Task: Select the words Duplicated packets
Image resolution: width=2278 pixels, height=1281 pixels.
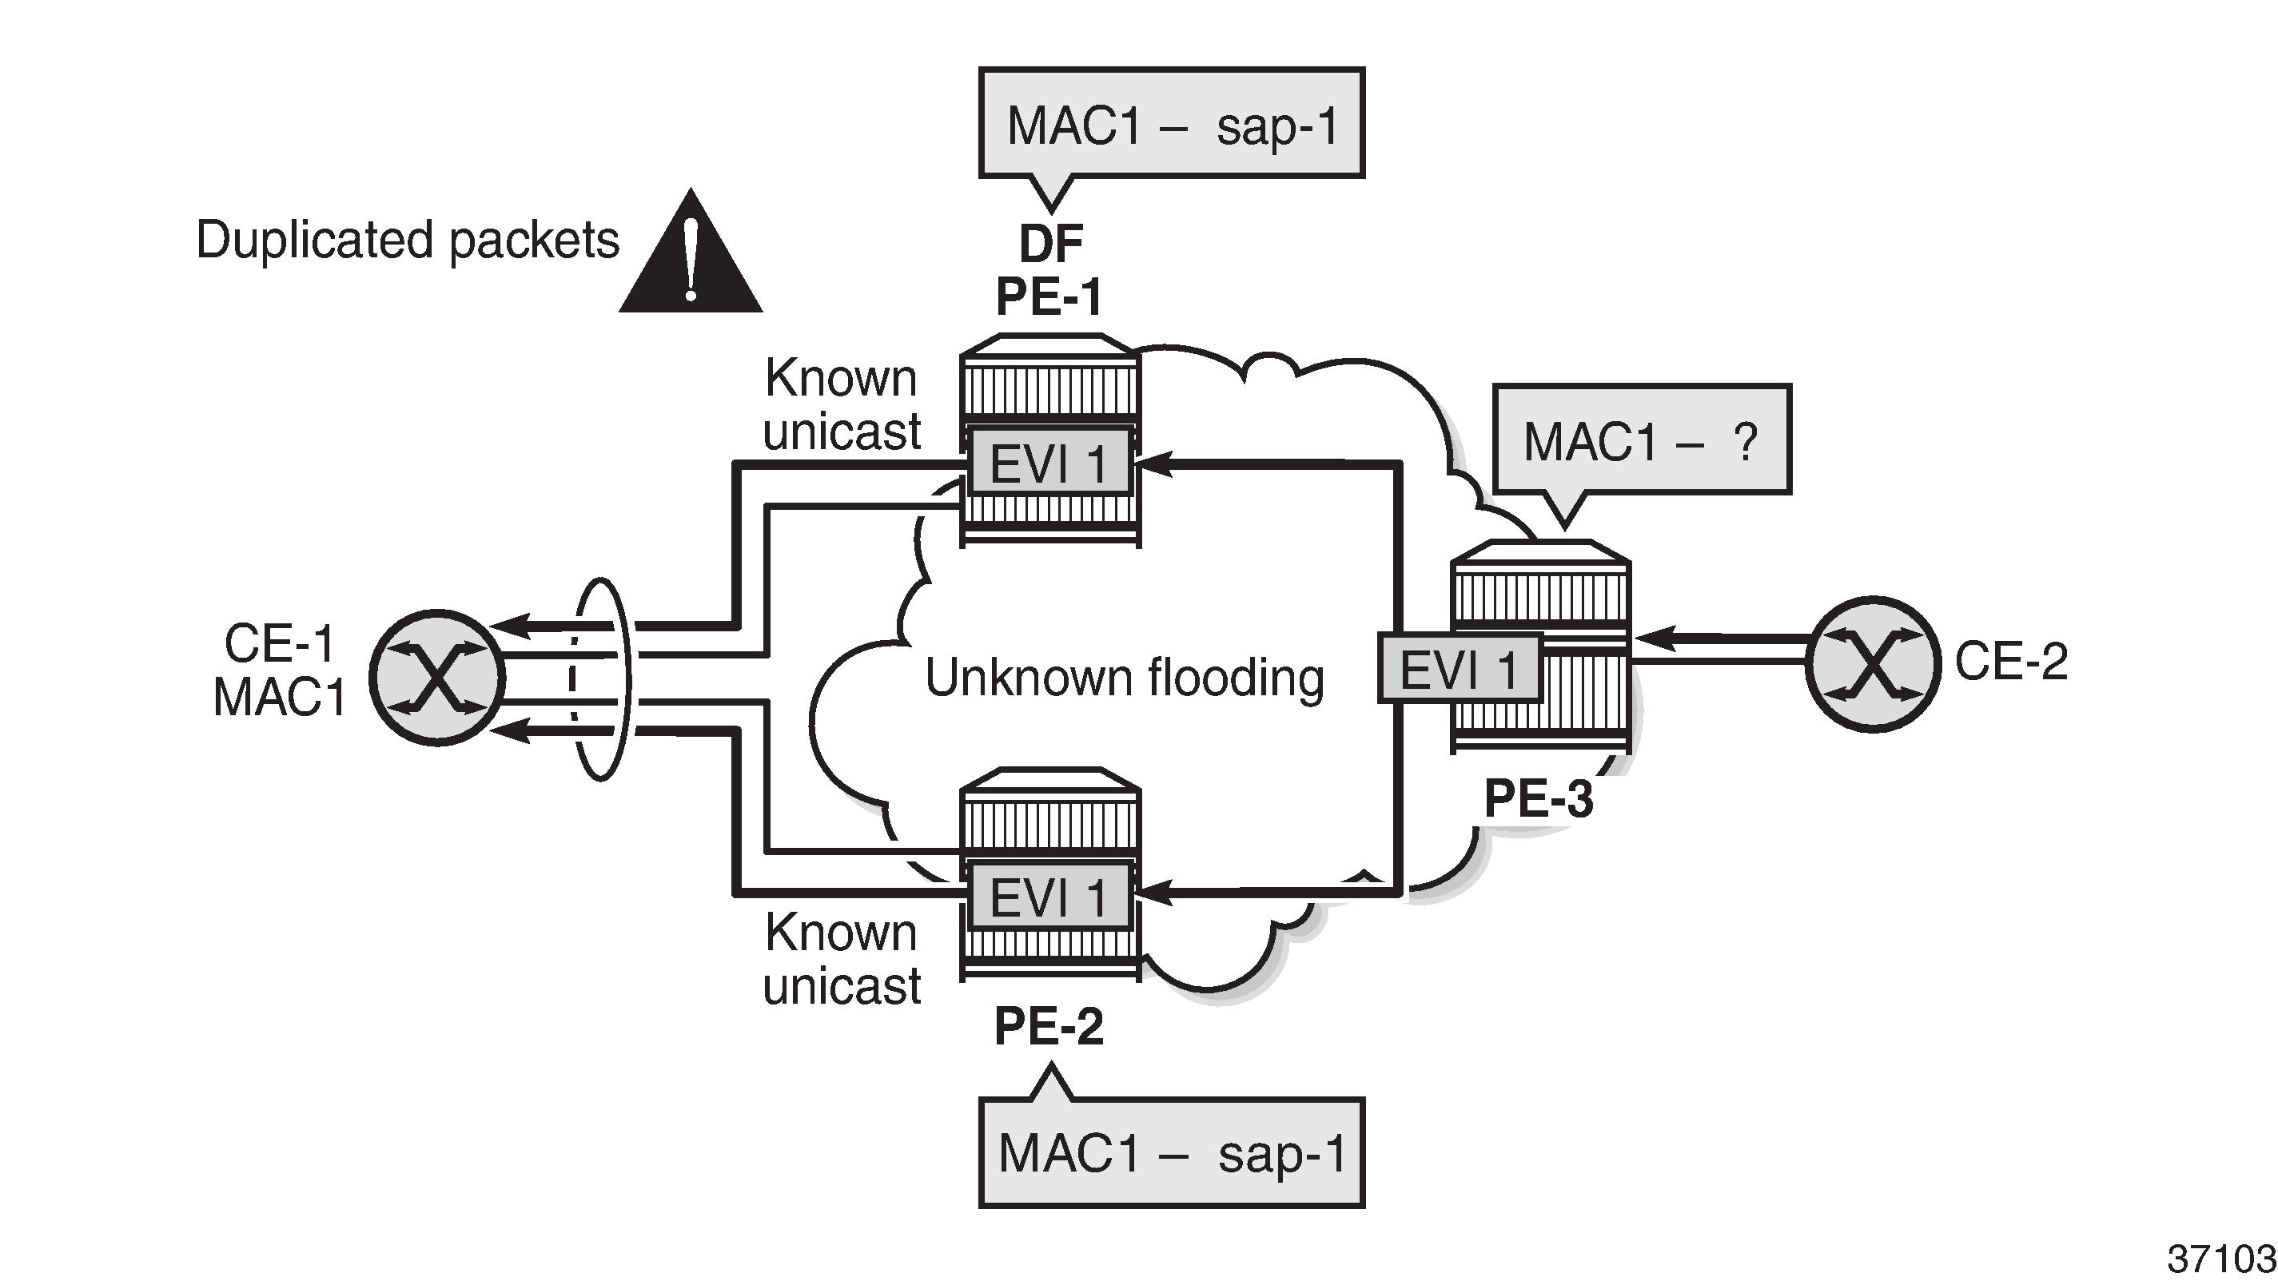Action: pyautogui.click(x=408, y=240)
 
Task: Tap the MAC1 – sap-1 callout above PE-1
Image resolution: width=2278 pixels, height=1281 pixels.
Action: pyautogui.click(x=1172, y=124)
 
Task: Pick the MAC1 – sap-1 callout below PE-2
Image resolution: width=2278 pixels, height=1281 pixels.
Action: pyautogui.click(x=1172, y=1153)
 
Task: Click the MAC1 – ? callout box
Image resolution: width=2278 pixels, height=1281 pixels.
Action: pyautogui.click(x=1641, y=440)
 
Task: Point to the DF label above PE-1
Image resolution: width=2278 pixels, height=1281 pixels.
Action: pyautogui.click(x=1050, y=243)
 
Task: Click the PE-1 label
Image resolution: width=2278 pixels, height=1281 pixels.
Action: pyautogui.click(x=1049, y=296)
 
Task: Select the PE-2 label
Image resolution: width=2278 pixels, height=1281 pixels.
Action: pyautogui.click(x=1049, y=1026)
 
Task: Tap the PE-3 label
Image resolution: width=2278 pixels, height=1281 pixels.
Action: pyautogui.click(x=1539, y=798)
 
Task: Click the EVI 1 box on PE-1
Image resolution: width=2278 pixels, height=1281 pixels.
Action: pyautogui.click(x=1049, y=461)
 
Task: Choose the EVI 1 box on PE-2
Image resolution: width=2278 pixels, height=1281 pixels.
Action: pyautogui.click(x=1049, y=897)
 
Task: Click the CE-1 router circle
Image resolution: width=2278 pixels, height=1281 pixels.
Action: pyautogui.click(x=437, y=677)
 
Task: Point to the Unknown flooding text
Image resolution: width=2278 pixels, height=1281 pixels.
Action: pyautogui.click(x=1124, y=678)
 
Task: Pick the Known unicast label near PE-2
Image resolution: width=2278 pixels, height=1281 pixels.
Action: pyautogui.click(x=842, y=958)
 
